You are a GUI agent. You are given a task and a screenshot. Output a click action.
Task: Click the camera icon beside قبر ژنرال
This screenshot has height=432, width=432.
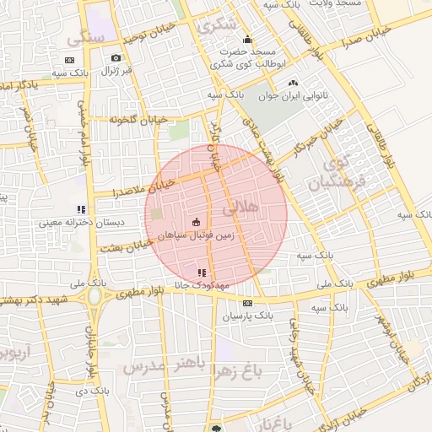116,58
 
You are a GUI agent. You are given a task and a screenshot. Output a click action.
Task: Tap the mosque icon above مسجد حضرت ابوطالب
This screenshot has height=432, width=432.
247,39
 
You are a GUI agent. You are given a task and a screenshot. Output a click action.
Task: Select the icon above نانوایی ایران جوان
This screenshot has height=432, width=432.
293,83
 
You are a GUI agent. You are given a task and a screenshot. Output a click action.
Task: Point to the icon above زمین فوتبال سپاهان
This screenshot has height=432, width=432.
197,221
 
